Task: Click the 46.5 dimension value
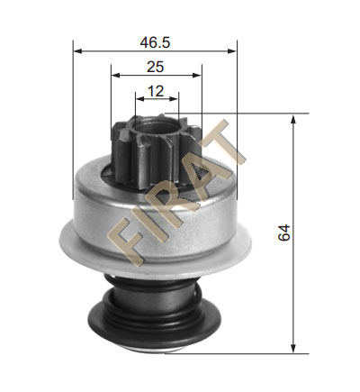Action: (x=155, y=42)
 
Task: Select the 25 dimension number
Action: (x=156, y=67)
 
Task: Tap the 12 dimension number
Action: (x=156, y=91)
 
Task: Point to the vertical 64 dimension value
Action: (x=284, y=232)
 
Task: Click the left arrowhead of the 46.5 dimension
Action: (x=77, y=51)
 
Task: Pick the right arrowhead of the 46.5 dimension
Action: (x=232, y=51)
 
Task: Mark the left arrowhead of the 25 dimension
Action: (x=115, y=75)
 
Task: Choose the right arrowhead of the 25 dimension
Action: (x=197, y=75)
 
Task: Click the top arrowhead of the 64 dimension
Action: (x=293, y=118)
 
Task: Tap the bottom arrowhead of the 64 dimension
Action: (x=293, y=349)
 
